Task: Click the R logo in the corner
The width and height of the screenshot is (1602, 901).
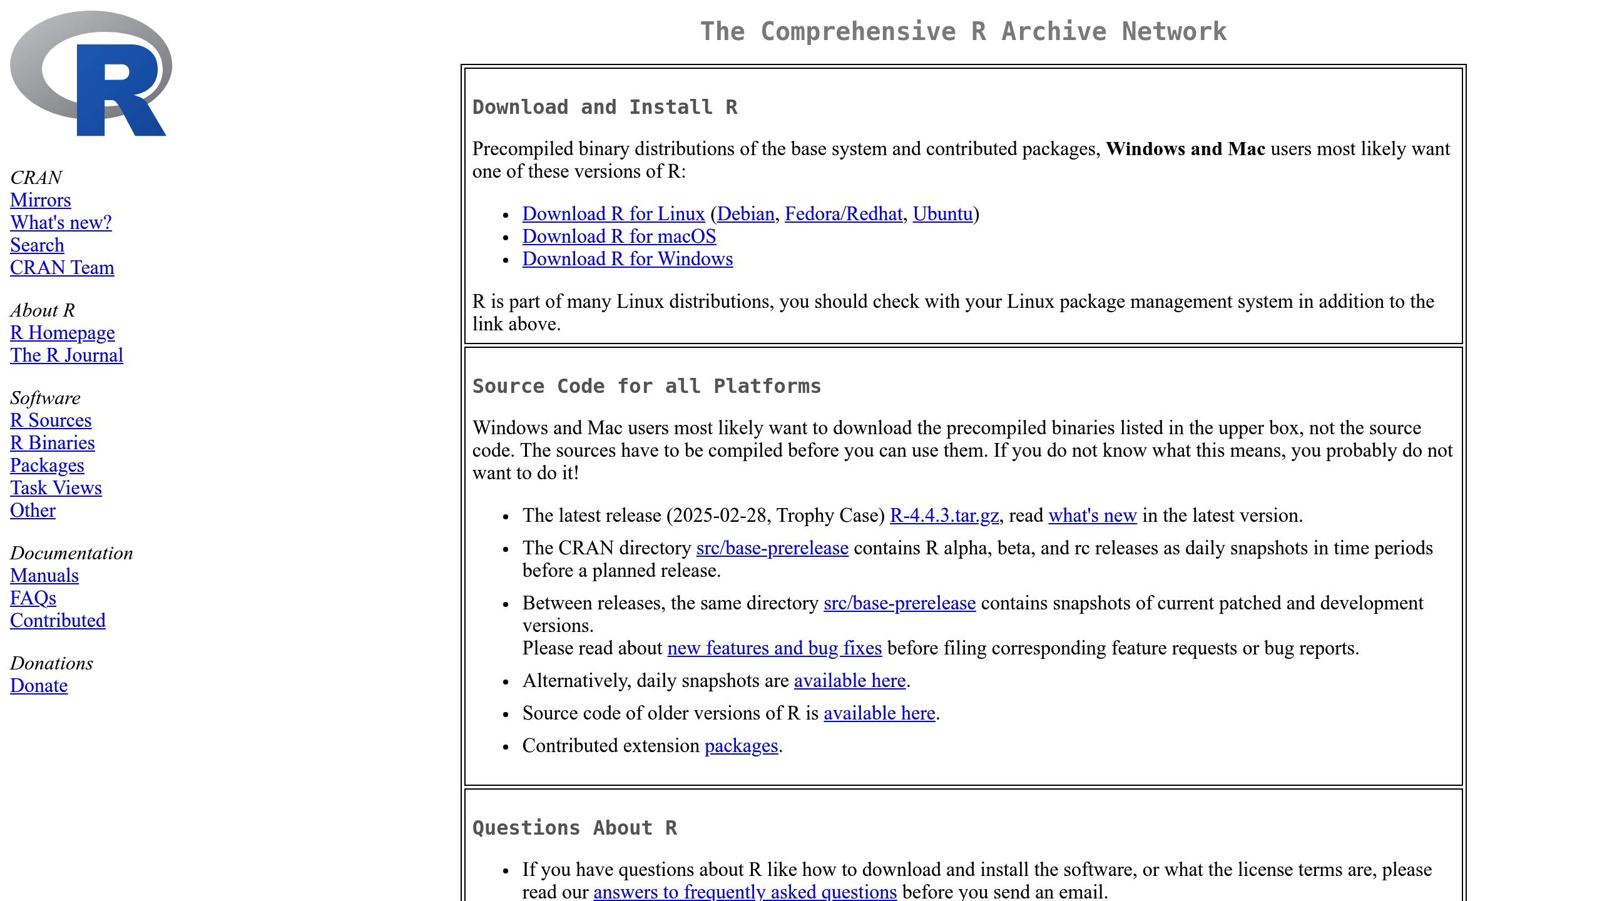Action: coord(91,74)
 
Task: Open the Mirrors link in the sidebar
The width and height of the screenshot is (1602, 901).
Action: coord(41,200)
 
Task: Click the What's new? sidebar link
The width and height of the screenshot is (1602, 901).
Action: coord(61,223)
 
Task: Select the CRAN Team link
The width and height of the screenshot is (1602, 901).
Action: coord(62,268)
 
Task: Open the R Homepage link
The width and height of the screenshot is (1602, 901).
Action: coord(63,333)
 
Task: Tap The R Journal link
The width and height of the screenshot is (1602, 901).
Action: coord(66,355)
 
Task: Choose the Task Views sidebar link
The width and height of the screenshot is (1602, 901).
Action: coord(56,488)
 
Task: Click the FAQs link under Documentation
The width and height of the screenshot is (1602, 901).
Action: coord(33,598)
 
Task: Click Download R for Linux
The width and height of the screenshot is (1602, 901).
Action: coord(613,214)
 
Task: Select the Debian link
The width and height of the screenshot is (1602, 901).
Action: coord(745,214)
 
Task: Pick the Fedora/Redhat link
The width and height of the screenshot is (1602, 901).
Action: coord(843,214)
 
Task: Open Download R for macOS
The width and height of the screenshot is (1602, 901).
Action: coord(619,237)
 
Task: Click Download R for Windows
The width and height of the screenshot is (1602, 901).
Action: coord(627,259)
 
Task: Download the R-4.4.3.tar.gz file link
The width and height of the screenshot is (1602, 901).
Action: coord(944,516)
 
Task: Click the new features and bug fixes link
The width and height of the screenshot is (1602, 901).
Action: coord(774,648)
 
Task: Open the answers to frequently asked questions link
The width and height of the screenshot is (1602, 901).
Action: coord(745,892)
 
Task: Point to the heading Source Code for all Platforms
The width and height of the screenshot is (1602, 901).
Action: coord(646,386)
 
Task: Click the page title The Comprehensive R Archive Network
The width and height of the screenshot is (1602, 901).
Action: coord(963,32)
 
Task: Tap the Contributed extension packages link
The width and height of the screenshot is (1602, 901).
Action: coord(741,746)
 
